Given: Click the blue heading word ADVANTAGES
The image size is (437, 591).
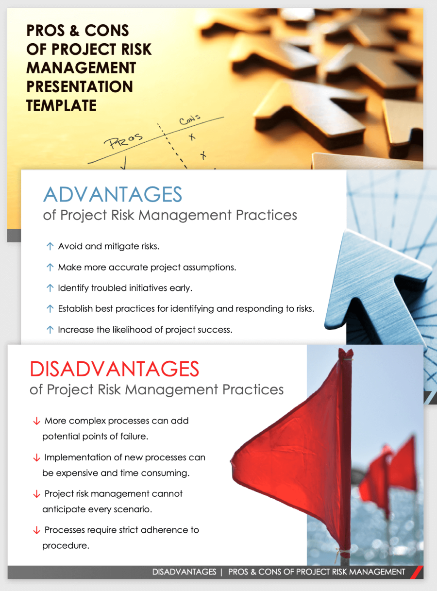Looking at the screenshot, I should tap(113, 195).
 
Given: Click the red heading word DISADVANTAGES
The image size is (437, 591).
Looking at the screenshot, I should tap(115, 369).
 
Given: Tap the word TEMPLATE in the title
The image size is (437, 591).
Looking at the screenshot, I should tap(62, 105).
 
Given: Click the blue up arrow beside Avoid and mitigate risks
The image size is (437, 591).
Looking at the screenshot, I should tap(50, 246).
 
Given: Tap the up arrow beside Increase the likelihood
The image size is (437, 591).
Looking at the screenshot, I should tap(50, 330).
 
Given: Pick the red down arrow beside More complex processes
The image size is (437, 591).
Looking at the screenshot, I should tap(36, 421).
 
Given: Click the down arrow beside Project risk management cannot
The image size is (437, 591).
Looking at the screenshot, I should tap(36, 494).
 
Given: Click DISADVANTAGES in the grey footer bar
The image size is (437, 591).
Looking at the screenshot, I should tap(184, 572).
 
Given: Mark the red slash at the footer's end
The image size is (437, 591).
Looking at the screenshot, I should tap(416, 572).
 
